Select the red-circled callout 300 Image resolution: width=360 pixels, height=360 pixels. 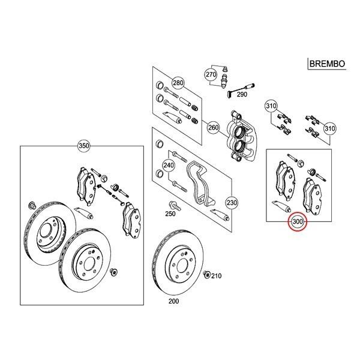298,223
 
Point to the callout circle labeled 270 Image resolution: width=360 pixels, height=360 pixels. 210,75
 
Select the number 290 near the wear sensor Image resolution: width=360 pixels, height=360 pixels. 242,94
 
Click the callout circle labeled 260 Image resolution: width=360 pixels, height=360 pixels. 213,127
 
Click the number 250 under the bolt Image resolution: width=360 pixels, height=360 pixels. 171,214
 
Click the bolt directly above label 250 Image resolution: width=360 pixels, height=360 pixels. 172,204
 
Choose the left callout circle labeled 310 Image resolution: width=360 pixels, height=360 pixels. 271,107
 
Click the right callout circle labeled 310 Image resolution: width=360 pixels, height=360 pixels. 329,129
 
